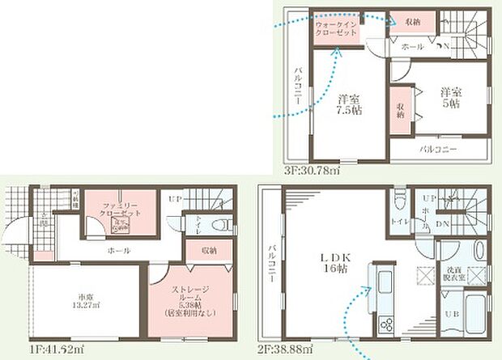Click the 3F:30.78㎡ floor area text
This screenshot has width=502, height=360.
point(311,172)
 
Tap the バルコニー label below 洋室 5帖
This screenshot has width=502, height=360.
point(438,150)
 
